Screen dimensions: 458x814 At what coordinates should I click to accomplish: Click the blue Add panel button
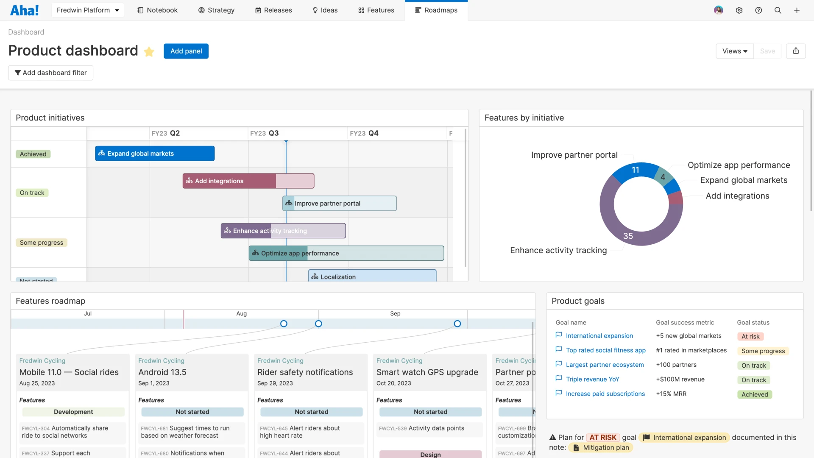[x=186, y=51]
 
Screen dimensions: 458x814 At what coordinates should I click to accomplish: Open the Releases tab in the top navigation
[x=273, y=10]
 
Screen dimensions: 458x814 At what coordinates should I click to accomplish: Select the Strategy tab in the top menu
[x=216, y=10]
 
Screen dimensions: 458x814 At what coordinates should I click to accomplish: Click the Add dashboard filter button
[x=51, y=73]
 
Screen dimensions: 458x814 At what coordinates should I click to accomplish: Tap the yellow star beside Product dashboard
[x=149, y=52]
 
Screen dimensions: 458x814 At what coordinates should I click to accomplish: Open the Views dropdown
[x=734, y=51]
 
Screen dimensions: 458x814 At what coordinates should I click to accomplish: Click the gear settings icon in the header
[x=739, y=10]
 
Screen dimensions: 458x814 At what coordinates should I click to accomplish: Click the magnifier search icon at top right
[x=778, y=10]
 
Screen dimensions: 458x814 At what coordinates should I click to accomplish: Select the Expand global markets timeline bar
[x=155, y=154]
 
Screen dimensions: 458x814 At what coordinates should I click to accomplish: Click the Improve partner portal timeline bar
[x=340, y=204]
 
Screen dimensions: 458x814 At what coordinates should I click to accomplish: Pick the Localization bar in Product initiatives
[x=372, y=276]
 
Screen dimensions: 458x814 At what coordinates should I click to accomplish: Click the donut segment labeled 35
[x=628, y=236]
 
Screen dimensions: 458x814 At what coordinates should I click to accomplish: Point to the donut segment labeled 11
[x=635, y=170]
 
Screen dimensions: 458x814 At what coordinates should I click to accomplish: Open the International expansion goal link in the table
[x=599, y=336]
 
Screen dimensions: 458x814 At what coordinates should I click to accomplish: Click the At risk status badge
[x=750, y=337]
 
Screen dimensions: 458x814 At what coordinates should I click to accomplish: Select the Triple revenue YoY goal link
[x=592, y=380]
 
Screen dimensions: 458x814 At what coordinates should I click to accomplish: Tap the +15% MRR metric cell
[x=671, y=394]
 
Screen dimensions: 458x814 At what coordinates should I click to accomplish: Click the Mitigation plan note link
[x=605, y=448]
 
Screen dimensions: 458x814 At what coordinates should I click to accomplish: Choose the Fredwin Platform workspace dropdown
[x=88, y=10]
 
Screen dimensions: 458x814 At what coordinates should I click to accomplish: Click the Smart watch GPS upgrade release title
[x=427, y=372]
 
